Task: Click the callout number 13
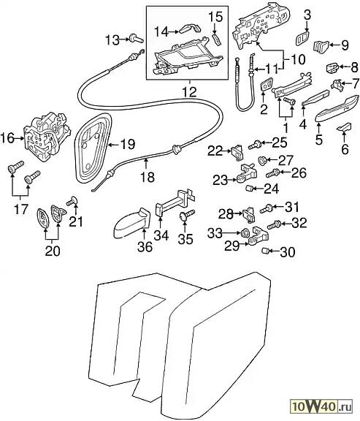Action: point(112,40)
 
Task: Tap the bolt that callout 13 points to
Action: point(137,39)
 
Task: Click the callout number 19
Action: point(127,145)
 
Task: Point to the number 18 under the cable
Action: point(148,177)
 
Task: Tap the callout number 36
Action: point(145,247)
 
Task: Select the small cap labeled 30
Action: point(265,251)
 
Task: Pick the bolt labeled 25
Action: point(254,145)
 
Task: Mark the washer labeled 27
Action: point(262,161)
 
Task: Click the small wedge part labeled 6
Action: point(344,127)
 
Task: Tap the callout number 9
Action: point(345,45)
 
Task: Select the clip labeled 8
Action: point(333,68)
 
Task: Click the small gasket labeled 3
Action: point(302,38)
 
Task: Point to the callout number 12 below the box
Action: point(189,92)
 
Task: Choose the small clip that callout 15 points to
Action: point(216,39)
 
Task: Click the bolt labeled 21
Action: point(72,201)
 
